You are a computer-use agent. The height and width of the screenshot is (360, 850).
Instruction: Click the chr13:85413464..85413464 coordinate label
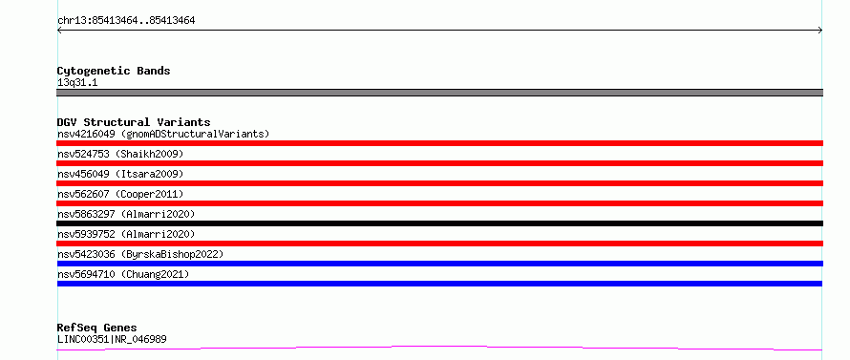126,21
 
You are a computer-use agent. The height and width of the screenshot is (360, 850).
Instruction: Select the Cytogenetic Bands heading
114,71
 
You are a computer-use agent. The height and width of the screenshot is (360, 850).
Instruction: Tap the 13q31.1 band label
77,83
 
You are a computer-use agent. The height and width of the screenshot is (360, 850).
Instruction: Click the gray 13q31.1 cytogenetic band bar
439,93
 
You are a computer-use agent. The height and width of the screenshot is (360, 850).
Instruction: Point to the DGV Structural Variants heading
134,122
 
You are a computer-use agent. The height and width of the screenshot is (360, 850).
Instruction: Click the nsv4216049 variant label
163,134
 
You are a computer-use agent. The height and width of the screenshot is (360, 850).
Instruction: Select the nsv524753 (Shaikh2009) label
120,154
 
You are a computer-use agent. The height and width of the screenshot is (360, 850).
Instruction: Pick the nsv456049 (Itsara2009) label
120,174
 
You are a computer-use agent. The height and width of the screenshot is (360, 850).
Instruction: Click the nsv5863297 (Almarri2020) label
126,214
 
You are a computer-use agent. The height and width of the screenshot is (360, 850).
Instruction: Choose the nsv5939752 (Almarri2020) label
126,234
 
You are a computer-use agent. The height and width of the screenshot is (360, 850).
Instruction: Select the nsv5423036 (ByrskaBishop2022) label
140,254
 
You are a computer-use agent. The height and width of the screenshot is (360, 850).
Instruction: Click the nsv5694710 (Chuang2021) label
123,274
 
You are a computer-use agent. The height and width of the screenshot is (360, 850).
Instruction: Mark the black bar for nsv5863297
439,223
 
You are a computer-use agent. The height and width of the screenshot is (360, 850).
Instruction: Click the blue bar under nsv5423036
439,264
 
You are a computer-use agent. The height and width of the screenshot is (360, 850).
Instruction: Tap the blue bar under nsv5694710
439,284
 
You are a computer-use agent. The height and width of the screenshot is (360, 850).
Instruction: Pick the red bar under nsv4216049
439,143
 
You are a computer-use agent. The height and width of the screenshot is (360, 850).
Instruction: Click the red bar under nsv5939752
439,244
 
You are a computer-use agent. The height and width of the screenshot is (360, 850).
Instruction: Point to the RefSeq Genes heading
97,328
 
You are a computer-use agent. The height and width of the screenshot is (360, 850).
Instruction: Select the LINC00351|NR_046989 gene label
112,339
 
